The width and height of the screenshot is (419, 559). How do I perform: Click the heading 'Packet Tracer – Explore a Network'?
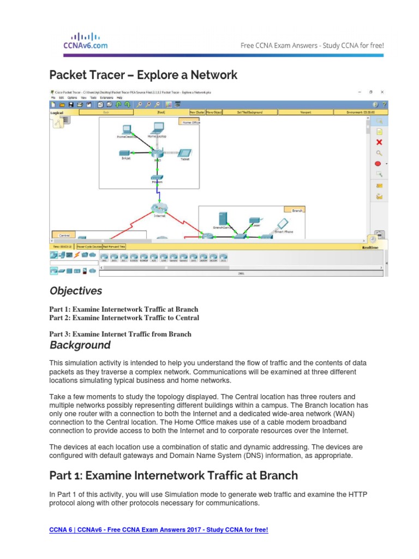click(x=143, y=75)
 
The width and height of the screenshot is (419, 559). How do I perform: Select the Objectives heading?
click(x=76, y=290)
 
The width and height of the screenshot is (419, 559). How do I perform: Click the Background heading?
click(x=80, y=345)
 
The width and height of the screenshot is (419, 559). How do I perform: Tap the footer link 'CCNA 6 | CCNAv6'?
click(x=159, y=530)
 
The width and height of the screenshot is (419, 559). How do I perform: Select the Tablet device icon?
click(x=185, y=153)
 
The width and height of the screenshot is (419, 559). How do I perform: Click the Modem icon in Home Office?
click(x=157, y=179)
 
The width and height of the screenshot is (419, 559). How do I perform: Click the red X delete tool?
click(x=379, y=142)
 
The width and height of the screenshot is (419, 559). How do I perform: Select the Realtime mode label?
click(x=370, y=247)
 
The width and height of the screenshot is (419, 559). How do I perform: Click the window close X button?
click(x=382, y=92)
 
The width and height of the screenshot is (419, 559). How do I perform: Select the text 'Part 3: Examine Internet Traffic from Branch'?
click(x=121, y=334)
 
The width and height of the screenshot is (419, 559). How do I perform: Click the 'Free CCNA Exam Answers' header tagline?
click(x=312, y=45)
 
